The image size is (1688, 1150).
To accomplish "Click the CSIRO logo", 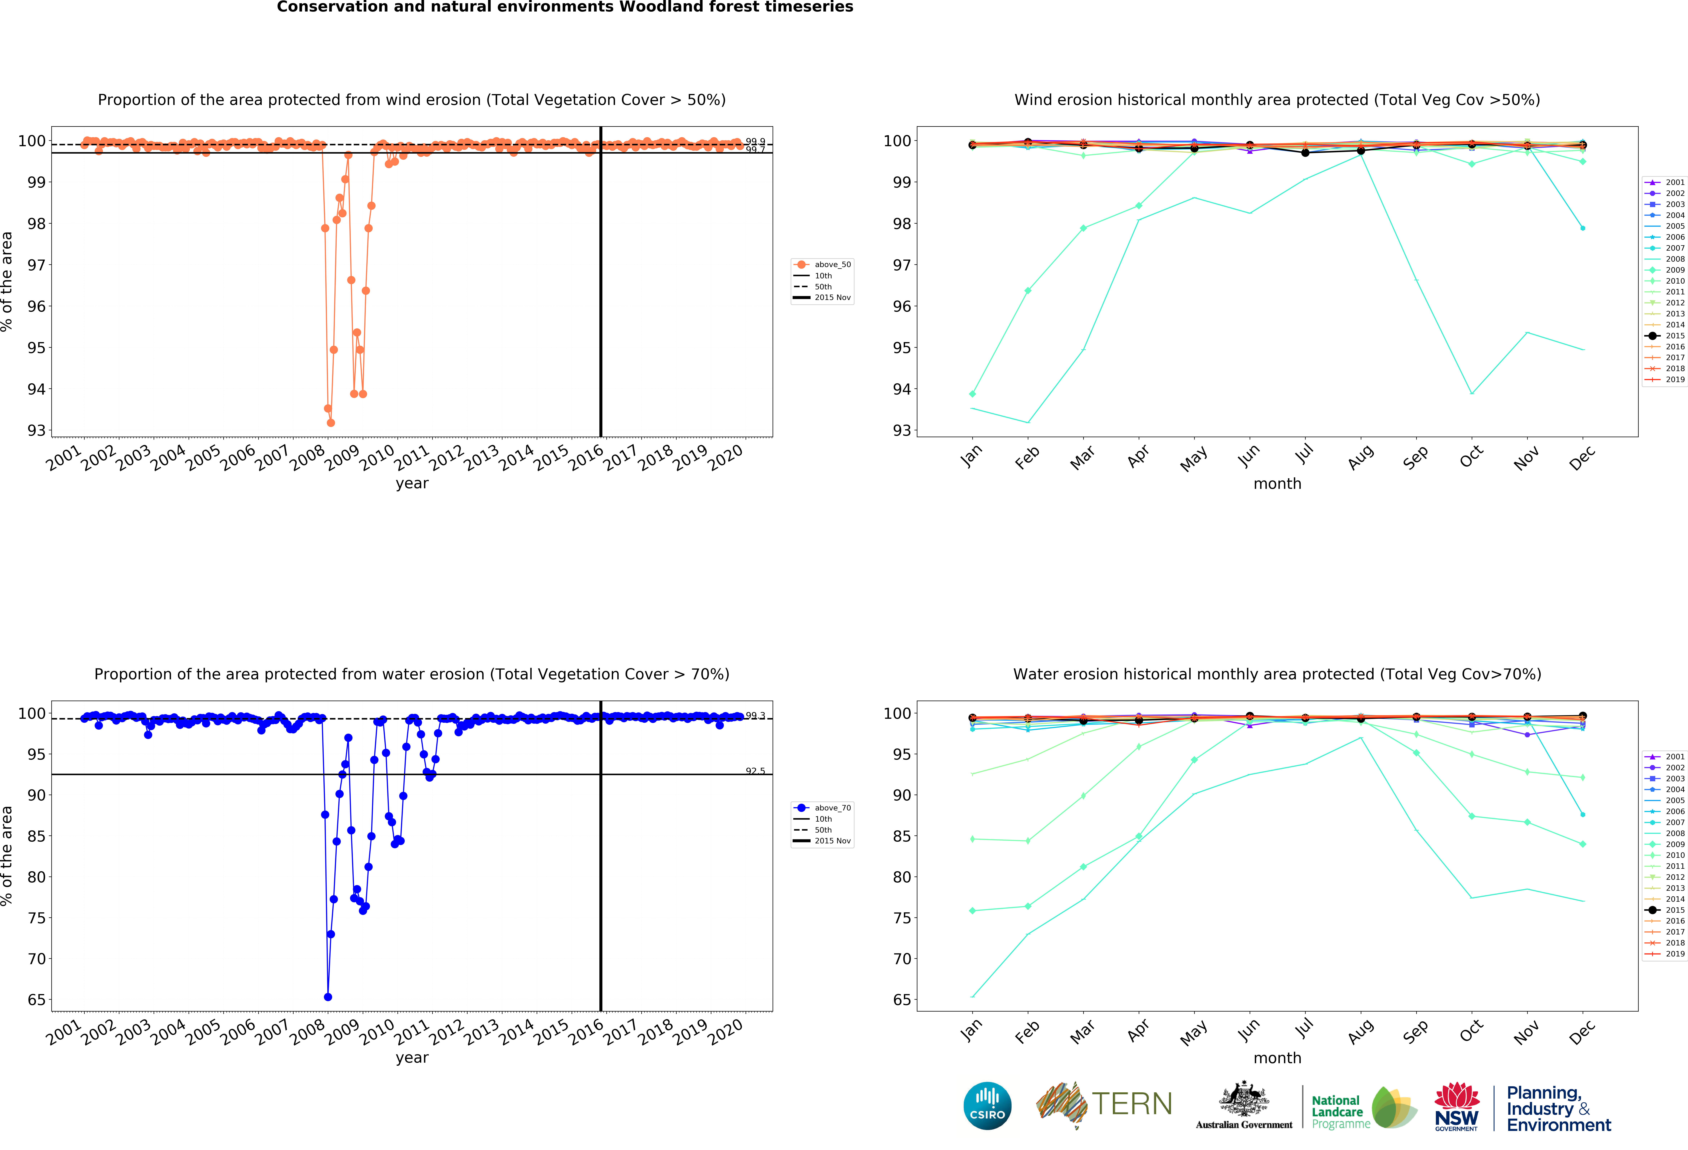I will tap(987, 1106).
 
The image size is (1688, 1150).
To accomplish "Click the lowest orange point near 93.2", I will tap(330, 423).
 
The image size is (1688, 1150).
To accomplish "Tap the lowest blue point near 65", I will tap(328, 997).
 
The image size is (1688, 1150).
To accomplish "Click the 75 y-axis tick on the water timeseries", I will tap(36, 918).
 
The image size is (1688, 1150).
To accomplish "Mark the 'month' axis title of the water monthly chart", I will tap(1277, 1058).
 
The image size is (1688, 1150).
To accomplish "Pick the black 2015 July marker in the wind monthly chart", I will tap(1305, 153).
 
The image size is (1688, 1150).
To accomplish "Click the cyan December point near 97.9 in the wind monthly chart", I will tap(1583, 228).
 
